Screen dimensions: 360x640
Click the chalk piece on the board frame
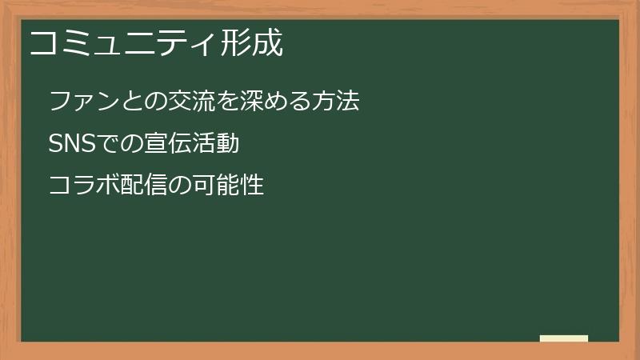(564, 338)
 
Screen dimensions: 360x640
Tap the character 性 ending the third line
(252, 186)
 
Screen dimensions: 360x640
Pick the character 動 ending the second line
(227, 144)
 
